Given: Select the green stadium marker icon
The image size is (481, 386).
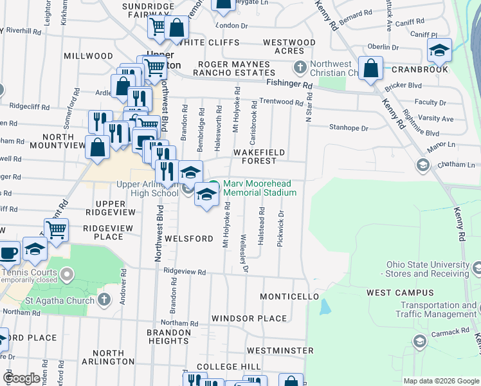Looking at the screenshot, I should click(x=213, y=188).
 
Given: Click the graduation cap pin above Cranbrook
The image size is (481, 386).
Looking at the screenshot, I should click(x=439, y=50).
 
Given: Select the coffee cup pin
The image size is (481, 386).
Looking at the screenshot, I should click(x=8, y=252).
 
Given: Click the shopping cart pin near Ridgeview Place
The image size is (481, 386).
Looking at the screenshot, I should click(x=57, y=230).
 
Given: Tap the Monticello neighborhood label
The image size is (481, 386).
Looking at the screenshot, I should click(x=289, y=297).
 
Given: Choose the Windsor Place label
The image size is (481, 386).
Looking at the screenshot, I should click(x=249, y=318).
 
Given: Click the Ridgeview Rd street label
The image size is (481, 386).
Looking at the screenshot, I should click(x=185, y=272).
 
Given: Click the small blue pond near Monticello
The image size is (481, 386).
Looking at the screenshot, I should click(x=325, y=306).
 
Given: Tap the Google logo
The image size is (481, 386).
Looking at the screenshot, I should click(x=21, y=378).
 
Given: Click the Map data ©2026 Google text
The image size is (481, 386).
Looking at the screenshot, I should click(x=440, y=381).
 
